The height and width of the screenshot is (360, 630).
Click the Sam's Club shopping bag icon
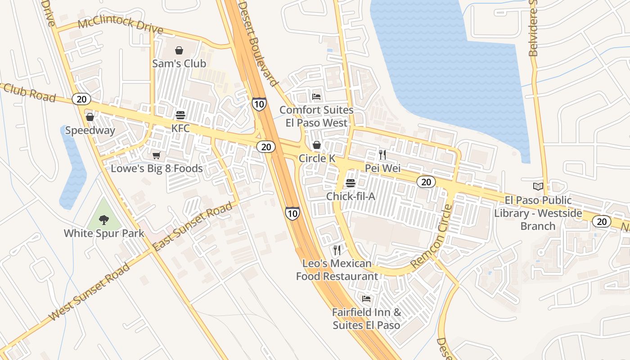(x=179, y=50)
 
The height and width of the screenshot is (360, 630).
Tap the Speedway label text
(x=90, y=130)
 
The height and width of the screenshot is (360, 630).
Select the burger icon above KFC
(x=180, y=115)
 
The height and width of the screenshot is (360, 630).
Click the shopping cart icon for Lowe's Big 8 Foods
(x=156, y=156)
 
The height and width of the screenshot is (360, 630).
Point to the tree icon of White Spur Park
(x=104, y=220)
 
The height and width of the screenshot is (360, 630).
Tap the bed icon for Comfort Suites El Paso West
(x=316, y=97)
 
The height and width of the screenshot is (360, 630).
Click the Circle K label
(x=317, y=158)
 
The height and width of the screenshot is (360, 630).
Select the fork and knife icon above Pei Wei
(x=382, y=155)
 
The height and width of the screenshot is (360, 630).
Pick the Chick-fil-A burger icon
(x=351, y=183)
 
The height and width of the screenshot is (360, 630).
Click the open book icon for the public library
(x=538, y=186)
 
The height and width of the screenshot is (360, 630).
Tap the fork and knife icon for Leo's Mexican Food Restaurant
(x=337, y=250)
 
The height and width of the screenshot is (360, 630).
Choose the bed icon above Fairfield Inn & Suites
(x=366, y=299)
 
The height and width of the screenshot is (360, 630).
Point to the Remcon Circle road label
(x=431, y=237)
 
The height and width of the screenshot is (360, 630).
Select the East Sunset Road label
(x=194, y=226)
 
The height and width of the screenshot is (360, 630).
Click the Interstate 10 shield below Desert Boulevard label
(x=259, y=104)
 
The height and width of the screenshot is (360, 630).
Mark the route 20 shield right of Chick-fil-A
(x=426, y=182)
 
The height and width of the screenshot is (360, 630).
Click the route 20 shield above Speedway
(x=81, y=99)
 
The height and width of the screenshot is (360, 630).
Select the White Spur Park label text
(x=104, y=233)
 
